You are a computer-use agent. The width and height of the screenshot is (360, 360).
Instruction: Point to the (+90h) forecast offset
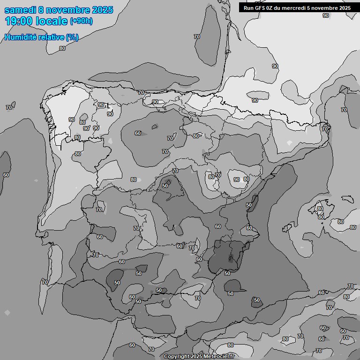point(81,21)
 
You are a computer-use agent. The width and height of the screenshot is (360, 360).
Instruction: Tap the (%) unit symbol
point(72,37)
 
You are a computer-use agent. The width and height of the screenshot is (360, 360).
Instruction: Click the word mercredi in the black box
point(295,7)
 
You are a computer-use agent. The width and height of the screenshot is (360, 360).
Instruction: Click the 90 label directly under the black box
point(326,15)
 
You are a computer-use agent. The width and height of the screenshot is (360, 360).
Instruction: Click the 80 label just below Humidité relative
point(62,48)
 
